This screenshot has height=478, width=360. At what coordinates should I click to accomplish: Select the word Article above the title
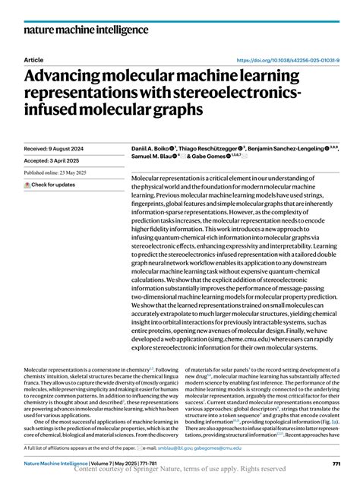point(34,60)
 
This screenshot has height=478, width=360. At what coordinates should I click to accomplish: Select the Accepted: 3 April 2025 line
point(55,161)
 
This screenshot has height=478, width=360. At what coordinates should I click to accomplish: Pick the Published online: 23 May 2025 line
point(62,173)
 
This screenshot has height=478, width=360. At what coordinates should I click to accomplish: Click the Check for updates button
point(49,185)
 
